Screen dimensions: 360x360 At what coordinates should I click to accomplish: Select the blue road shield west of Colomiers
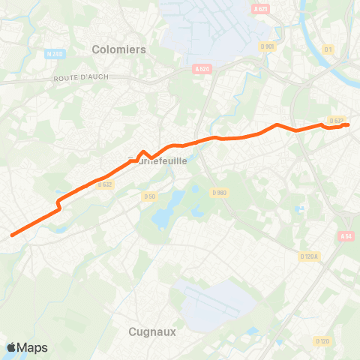[x=54, y=54]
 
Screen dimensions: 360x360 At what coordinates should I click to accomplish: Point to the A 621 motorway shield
[x=260, y=8]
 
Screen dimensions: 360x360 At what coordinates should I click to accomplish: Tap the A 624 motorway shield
[x=201, y=69]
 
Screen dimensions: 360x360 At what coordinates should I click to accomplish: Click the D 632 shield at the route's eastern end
[x=337, y=120]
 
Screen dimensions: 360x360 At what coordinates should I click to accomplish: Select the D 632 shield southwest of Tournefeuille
[x=104, y=184]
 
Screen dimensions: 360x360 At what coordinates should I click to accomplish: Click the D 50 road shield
[x=148, y=196]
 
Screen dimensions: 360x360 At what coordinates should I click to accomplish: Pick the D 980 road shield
[x=219, y=193]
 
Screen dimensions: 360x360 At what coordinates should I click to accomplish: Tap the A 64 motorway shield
[x=345, y=236]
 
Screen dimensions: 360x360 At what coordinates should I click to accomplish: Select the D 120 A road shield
[x=309, y=256]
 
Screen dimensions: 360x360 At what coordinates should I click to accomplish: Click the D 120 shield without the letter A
[x=322, y=342]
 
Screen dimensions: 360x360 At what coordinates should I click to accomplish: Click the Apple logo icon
[x=11, y=347]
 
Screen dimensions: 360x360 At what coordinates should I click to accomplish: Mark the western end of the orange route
[x=12, y=235]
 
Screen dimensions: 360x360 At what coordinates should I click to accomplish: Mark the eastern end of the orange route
[x=348, y=124]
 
